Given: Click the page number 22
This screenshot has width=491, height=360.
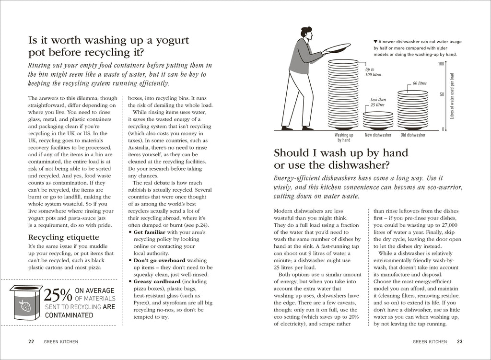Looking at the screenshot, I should pyautogui.click(x=31, y=342).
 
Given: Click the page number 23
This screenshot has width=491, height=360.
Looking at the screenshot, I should pyautogui.click(x=459, y=342).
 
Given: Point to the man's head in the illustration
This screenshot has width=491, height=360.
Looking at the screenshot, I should pyautogui.click(x=307, y=33).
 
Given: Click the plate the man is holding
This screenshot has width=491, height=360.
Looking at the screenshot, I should pyautogui.click(x=338, y=48).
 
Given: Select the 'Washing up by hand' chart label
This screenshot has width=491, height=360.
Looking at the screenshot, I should pyautogui.click(x=343, y=138).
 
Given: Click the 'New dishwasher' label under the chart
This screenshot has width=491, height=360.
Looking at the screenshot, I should pyautogui.click(x=378, y=135).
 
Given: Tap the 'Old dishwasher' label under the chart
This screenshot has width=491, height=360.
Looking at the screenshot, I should pyautogui.click(x=413, y=135).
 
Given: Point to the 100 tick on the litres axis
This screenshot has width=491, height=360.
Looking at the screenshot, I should pyautogui.click(x=441, y=64).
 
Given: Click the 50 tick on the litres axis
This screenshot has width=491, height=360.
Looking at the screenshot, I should pyautogui.click(x=442, y=94).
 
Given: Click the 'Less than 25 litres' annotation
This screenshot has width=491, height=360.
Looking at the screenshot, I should pyautogui.click(x=378, y=102).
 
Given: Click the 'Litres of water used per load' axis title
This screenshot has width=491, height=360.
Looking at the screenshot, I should pyautogui.click(x=452, y=96).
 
